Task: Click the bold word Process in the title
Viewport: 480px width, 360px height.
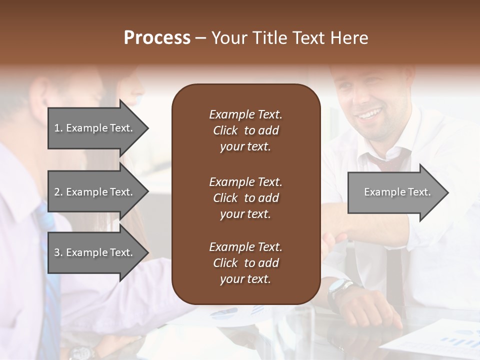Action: [157, 38]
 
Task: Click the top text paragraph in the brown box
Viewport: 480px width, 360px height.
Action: [245, 130]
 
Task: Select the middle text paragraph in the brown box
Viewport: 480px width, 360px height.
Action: [245, 198]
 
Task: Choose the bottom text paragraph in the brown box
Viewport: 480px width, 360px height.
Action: [245, 263]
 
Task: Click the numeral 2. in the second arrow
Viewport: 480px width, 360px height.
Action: [58, 192]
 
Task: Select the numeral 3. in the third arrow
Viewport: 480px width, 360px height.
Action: [58, 252]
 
